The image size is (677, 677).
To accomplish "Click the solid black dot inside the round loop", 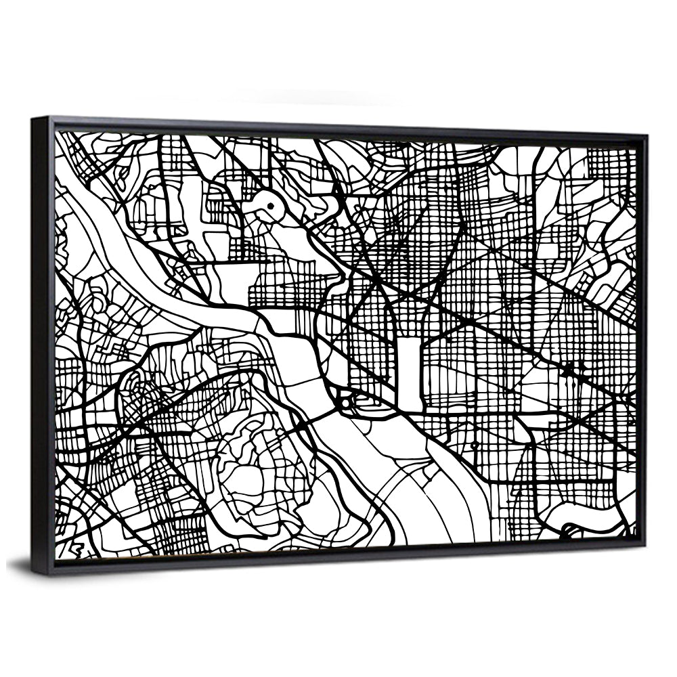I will (269, 205).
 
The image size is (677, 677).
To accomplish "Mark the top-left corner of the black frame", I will (33, 119).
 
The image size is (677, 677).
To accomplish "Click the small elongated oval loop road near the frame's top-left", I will (123, 177).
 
